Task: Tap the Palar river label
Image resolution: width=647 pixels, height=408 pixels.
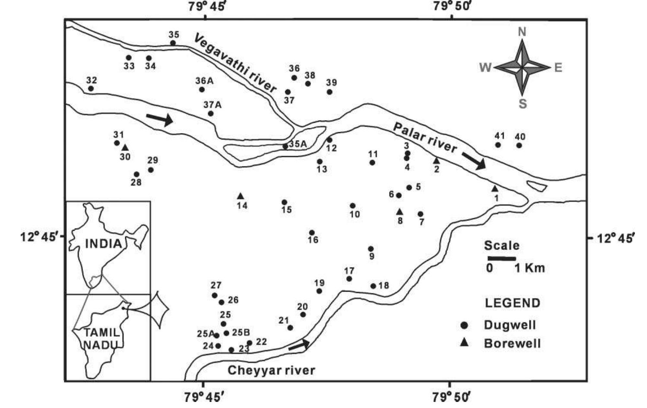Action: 425,137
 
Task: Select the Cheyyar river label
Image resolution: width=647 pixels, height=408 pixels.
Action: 271,370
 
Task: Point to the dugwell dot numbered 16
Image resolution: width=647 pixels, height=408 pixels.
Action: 312,233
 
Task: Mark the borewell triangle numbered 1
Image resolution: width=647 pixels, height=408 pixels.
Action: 495,189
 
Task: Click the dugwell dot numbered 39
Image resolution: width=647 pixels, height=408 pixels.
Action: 330,92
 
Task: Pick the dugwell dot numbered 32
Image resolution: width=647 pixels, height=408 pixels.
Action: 91,89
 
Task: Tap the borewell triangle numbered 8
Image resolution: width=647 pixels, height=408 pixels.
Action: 400,212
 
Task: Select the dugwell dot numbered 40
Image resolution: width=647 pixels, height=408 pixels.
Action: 519,145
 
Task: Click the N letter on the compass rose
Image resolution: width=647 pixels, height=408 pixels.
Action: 522,32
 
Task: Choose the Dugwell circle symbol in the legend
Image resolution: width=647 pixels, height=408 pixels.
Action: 464,325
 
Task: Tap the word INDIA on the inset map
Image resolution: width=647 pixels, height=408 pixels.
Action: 103,243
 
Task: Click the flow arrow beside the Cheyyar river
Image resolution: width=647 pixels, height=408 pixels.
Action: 299,345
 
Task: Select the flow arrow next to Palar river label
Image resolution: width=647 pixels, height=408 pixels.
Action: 474,161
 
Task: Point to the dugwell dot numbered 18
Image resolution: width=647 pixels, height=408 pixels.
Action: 373,286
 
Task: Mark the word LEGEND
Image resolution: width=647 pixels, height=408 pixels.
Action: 512,303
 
